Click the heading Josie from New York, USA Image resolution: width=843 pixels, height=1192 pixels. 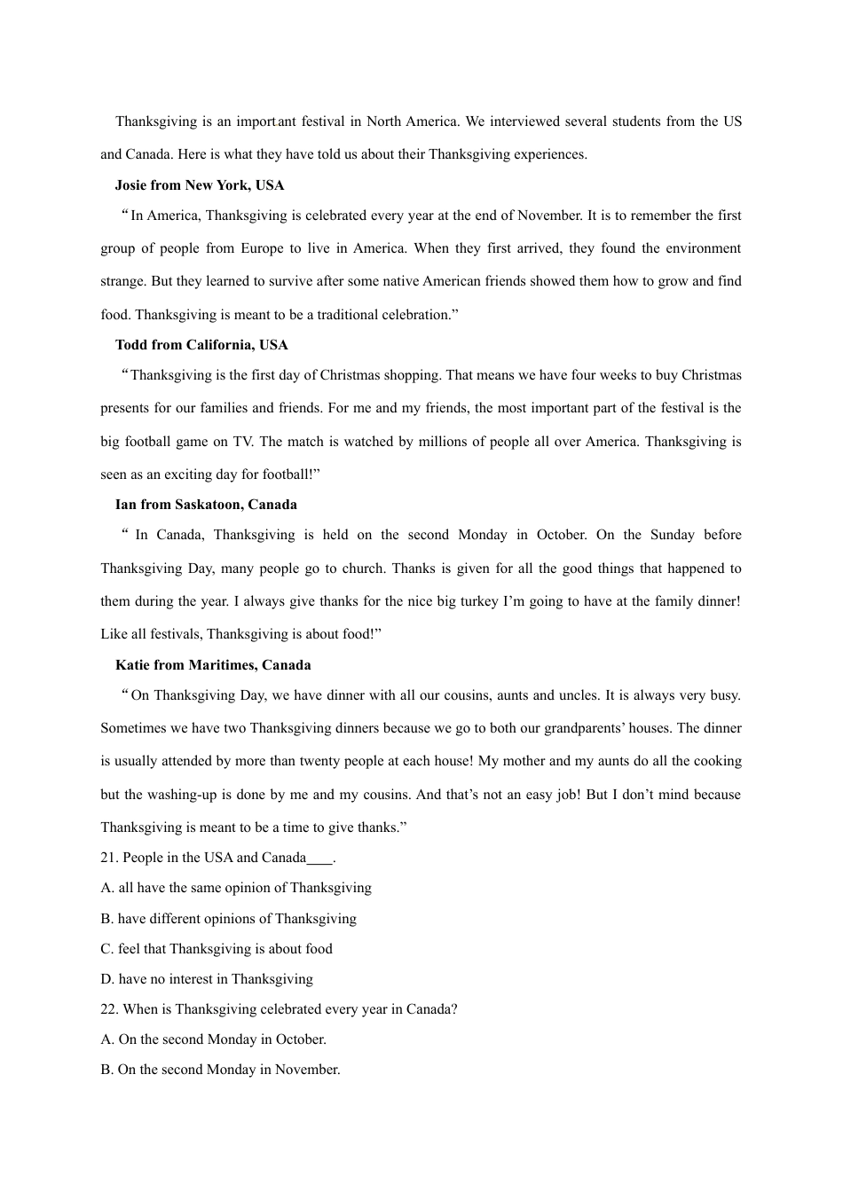pos(200,185)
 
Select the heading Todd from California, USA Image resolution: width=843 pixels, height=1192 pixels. pos(201,345)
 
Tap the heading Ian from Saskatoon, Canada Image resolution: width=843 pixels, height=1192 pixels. pos(206,505)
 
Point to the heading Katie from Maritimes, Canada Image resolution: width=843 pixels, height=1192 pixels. pos(213,665)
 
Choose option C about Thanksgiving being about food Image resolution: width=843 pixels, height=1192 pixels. pos(217,949)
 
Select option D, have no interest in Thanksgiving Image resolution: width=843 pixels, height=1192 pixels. pos(207,979)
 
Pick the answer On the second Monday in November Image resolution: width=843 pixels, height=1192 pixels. pos(221,1070)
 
